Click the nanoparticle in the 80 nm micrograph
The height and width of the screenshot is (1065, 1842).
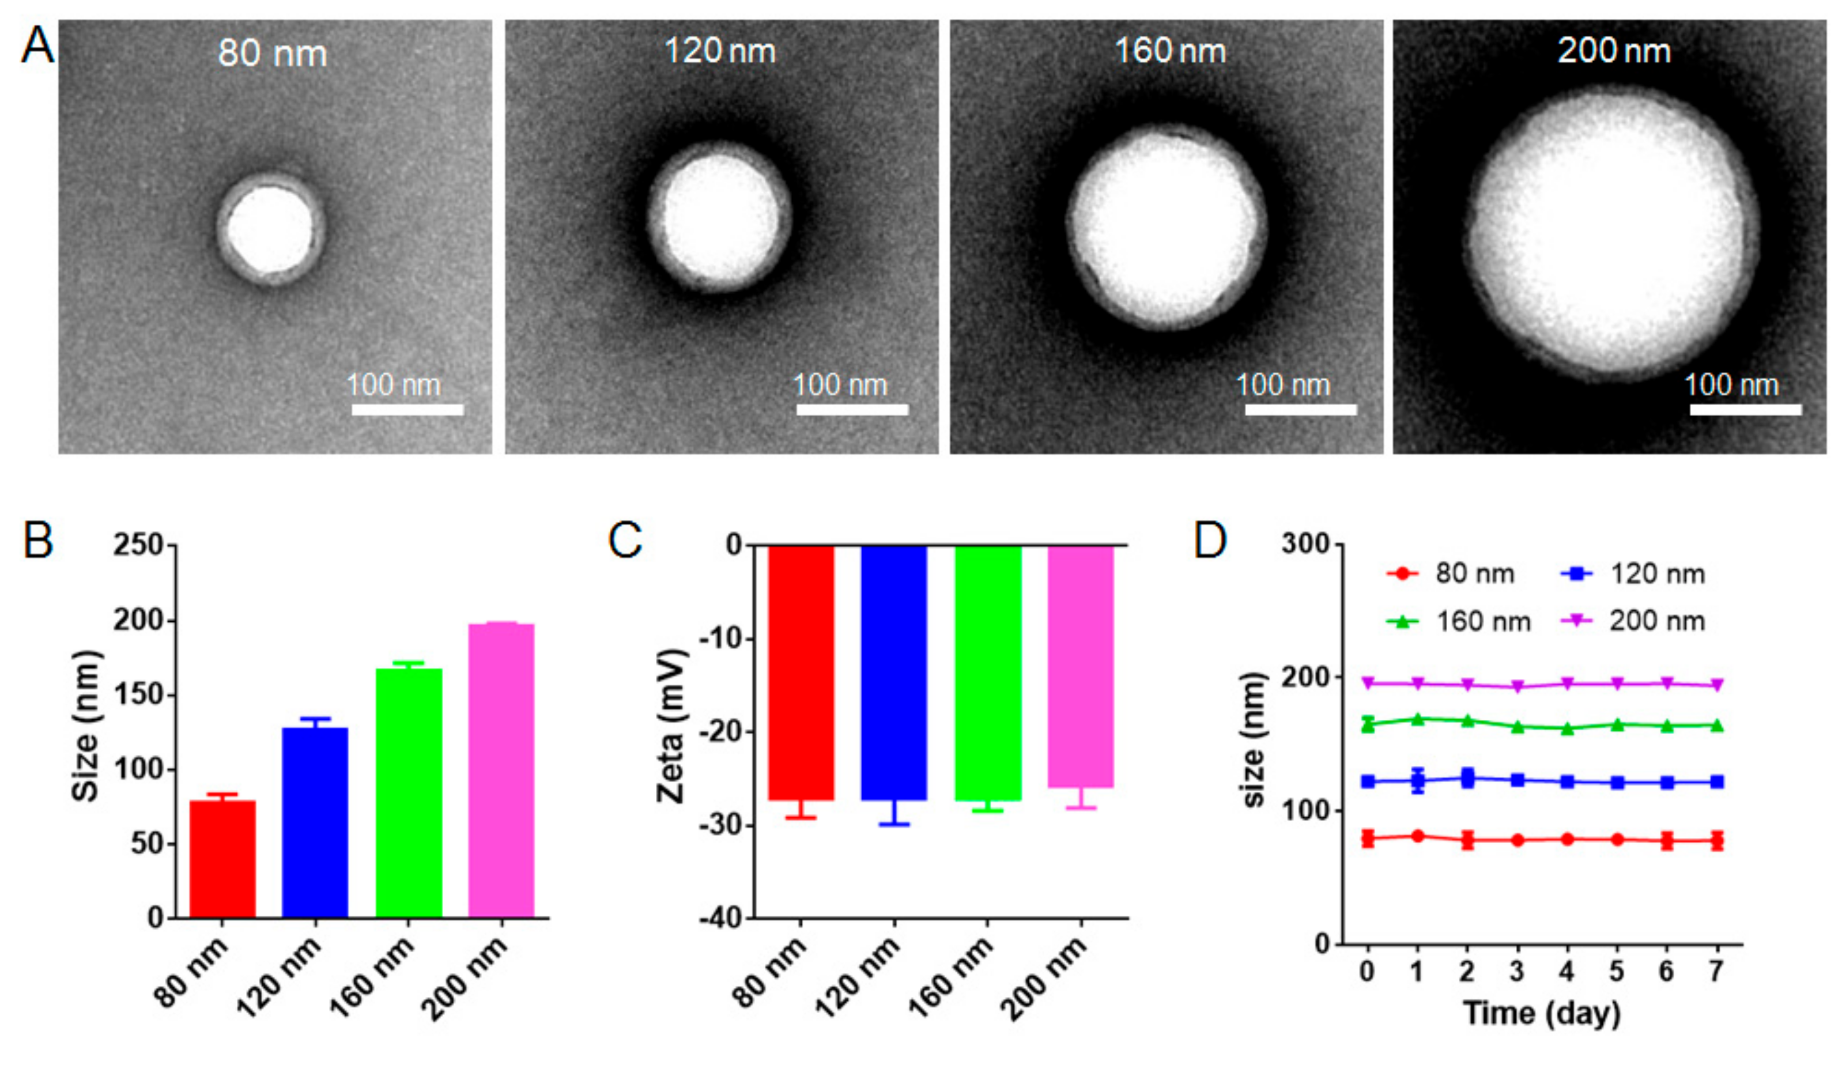tap(270, 229)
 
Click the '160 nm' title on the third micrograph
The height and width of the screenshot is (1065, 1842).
tap(1169, 51)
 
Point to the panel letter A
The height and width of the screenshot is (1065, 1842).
tap(36, 46)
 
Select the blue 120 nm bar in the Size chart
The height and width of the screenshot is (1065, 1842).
tap(315, 822)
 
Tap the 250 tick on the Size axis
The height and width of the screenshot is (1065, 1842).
tap(139, 545)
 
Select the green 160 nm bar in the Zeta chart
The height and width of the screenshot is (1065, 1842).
tap(988, 673)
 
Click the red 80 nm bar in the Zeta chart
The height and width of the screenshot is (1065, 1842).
tap(801, 673)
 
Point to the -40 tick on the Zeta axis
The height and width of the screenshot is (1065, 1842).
tap(720, 918)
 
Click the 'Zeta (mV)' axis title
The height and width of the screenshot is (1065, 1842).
tap(670, 727)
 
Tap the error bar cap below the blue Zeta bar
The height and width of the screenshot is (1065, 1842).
tap(894, 825)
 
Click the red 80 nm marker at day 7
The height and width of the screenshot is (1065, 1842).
tap(1717, 841)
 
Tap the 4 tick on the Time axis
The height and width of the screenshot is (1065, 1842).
tap(1567, 972)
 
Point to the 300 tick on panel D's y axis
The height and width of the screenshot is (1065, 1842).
tap(1307, 545)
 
